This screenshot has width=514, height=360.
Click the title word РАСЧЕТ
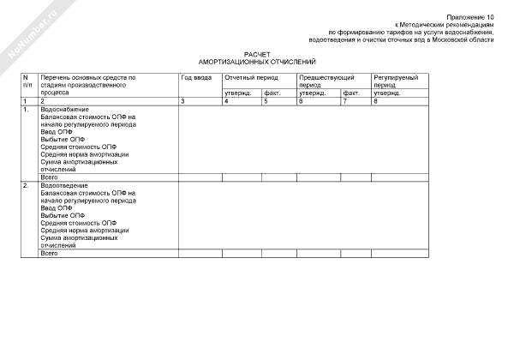[257, 54]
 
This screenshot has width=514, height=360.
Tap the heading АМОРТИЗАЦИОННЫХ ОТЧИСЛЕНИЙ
[257, 62]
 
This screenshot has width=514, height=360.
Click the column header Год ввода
[196, 78]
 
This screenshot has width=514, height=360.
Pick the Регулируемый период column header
[395, 81]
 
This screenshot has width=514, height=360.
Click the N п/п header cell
[27, 81]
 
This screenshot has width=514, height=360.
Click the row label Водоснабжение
[63, 110]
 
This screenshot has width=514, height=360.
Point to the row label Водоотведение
[63, 186]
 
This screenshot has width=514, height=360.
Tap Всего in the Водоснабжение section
[50, 177]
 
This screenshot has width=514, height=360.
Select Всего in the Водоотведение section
[50, 254]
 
